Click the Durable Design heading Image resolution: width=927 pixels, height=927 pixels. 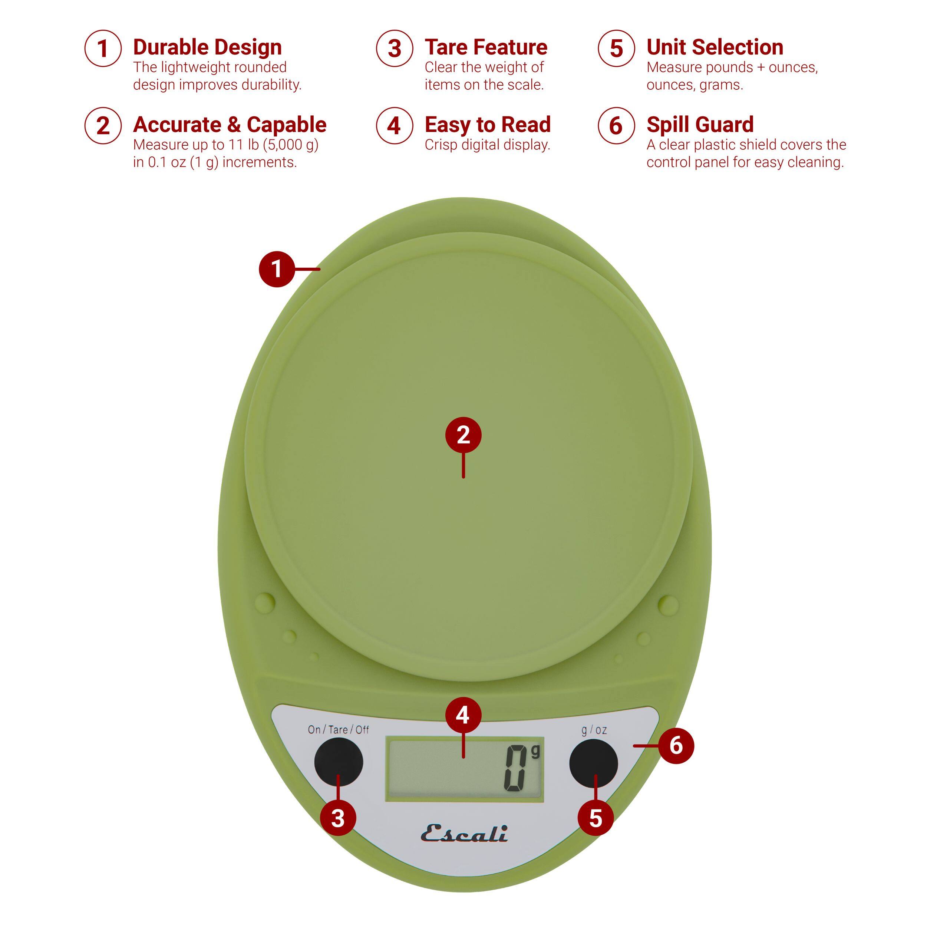207,47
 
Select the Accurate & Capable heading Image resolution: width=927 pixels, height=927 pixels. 230,125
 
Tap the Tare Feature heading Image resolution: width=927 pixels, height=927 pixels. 486,47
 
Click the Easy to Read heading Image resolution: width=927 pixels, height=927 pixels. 488,125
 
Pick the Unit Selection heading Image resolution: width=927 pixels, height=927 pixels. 715,47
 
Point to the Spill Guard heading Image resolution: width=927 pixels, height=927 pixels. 700,125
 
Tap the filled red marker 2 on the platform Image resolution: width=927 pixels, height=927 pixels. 463,435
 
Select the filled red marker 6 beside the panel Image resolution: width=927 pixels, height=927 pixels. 676,745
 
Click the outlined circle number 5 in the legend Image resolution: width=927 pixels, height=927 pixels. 616,49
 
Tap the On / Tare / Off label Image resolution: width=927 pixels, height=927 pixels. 338,730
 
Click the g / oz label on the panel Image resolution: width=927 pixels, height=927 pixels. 594,730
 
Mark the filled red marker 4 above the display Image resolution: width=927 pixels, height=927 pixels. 462,715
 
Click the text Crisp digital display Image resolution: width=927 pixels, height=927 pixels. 487,145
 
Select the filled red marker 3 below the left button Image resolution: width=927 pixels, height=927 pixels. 338,818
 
